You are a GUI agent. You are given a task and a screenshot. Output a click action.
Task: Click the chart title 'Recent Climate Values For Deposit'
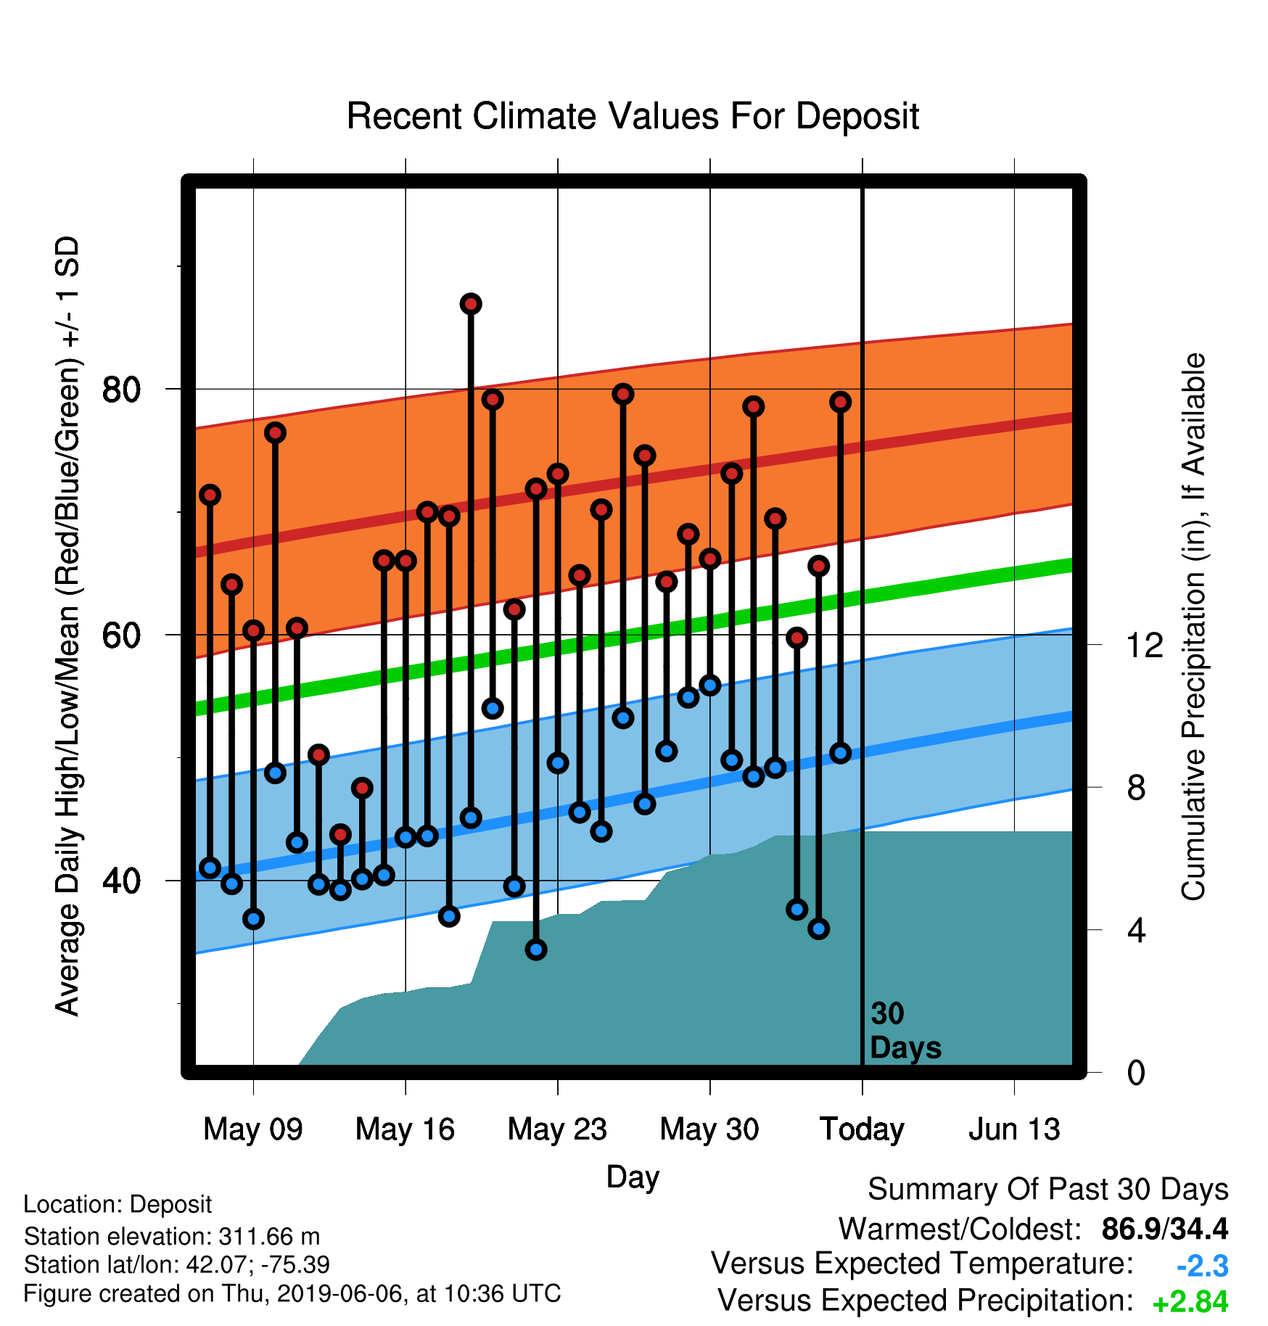[x=633, y=116]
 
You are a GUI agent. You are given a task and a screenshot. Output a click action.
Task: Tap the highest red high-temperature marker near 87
[x=471, y=304]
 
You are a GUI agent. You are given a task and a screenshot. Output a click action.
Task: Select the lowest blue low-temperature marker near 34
[x=536, y=950]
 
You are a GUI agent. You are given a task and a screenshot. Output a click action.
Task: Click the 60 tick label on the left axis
[x=121, y=635]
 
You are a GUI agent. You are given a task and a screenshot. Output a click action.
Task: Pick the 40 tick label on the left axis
[x=121, y=881]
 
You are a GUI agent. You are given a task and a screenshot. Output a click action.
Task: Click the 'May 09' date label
[x=253, y=1129]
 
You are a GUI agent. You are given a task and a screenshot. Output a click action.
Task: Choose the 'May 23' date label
[x=557, y=1129]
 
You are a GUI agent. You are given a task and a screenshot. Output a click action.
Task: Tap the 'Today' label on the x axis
[x=862, y=1129]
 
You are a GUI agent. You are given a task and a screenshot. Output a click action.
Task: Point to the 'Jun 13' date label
[x=1014, y=1129]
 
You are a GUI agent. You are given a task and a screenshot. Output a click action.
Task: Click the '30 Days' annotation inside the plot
[x=905, y=1031]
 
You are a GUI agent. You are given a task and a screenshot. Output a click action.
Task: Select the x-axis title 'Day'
[x=633, y=1177]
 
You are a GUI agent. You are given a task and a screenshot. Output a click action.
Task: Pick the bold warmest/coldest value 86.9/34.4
[x=1165, y=1229]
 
